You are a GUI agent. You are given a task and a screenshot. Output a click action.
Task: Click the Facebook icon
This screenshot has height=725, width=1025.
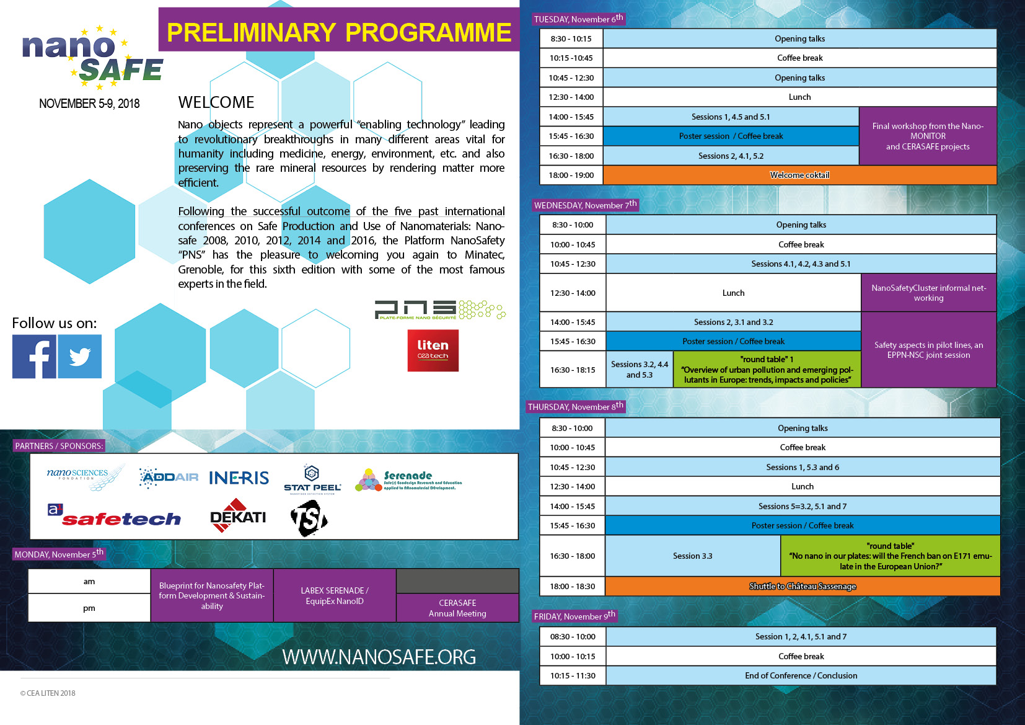pyautogui.click(x=34, y=357)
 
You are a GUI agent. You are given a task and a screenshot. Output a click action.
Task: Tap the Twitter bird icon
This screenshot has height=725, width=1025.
pyautogui.click(x=80, y=357)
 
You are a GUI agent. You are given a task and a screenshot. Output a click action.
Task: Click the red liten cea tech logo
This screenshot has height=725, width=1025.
pyautogui.click(x=433, y=350)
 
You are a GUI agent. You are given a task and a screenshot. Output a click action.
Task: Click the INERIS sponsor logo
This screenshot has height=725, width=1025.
pyautogui.click(x=239, y=478)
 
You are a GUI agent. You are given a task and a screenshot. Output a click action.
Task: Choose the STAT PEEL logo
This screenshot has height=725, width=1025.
pyautogui.click(x=312, y=479)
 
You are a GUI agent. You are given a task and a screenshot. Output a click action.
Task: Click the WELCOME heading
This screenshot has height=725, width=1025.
pyautogui.click(x=216, y=102)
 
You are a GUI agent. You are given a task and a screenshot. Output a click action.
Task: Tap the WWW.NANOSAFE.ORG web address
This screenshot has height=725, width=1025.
pyautogui.click(x=379, y=657)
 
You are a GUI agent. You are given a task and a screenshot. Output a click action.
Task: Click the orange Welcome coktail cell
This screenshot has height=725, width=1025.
pyautogui.click(x=799, y=175)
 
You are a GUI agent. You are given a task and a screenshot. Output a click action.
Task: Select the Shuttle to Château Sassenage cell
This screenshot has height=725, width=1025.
pyautogui.click(x=803, y=586)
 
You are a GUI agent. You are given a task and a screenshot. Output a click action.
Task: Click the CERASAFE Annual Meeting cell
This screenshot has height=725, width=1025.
pyautogui.click(x=457, y=608)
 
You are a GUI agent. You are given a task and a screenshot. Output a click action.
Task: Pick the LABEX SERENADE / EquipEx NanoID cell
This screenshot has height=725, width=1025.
pyautogui.click(x=335, y=595)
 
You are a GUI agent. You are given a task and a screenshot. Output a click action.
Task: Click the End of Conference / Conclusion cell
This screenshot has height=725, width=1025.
pyautogui.click(x=801, y=675)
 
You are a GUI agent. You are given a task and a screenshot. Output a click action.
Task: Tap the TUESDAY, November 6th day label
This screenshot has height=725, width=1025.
pyautogui.click(x=578, y=19)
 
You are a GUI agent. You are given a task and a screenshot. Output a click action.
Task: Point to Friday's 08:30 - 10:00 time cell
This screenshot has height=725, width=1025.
pyautogui.click(x=573, y=636)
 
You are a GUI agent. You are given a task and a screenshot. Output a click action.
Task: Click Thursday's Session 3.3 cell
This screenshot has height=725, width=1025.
pyautogui.click(x=692, y=556)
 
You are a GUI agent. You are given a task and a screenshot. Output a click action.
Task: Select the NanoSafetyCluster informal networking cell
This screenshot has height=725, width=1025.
pyautogui.click(x=928, y=293)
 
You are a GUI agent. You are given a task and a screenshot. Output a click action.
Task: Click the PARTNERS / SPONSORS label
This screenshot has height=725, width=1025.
pyautogui.click(x=59, y=446)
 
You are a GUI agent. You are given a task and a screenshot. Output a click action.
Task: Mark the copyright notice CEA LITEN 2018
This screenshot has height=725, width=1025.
pyautogui.click(x=48, y=693)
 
